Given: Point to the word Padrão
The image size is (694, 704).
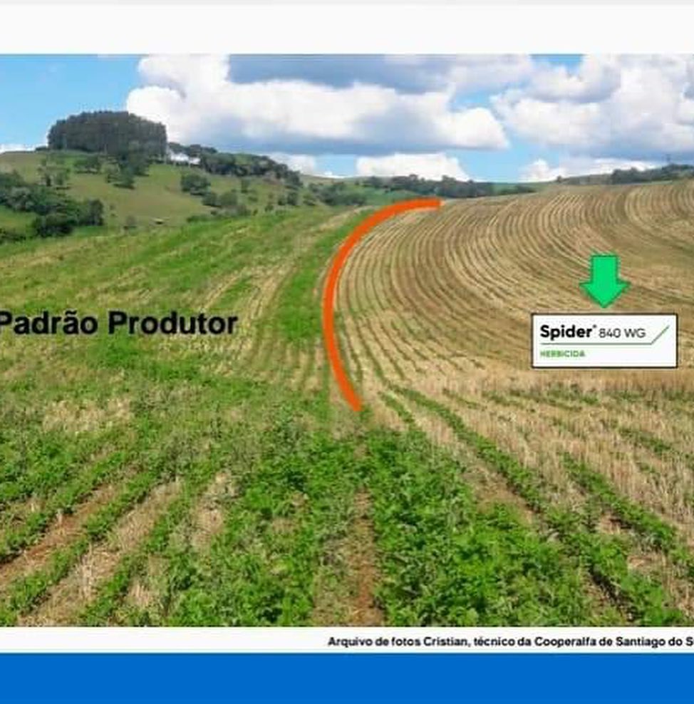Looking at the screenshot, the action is click(x=48, y=323).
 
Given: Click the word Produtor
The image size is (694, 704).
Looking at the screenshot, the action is click(x=173, y=323).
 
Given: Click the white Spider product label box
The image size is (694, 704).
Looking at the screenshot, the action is click(x=604, y=341).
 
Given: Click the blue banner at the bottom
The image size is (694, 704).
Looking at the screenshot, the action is click(x=347, y=678).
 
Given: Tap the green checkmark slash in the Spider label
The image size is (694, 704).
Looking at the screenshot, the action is click(x=661, y=334).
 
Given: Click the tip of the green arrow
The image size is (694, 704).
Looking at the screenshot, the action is click(x=604, y=307).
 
